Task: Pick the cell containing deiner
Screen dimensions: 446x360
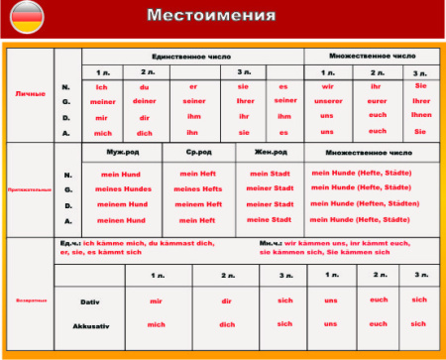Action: (x=145, y=101)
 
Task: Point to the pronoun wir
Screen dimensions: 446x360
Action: (x=327, y=86)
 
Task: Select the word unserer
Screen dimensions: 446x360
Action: (x=328, y=101)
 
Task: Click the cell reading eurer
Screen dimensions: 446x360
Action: (x=377, y=101)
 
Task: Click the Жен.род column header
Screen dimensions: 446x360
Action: (x=268, y=153)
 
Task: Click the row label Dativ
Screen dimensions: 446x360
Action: (x=90, y=300)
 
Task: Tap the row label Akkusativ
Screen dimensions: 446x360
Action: (x=90, y=324)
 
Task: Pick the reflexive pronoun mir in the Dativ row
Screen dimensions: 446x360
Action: (x=156, y=300)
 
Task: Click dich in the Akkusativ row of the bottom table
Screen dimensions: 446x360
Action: (x=227, y=324)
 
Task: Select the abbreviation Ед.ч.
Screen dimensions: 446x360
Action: (x=70, y=244)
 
